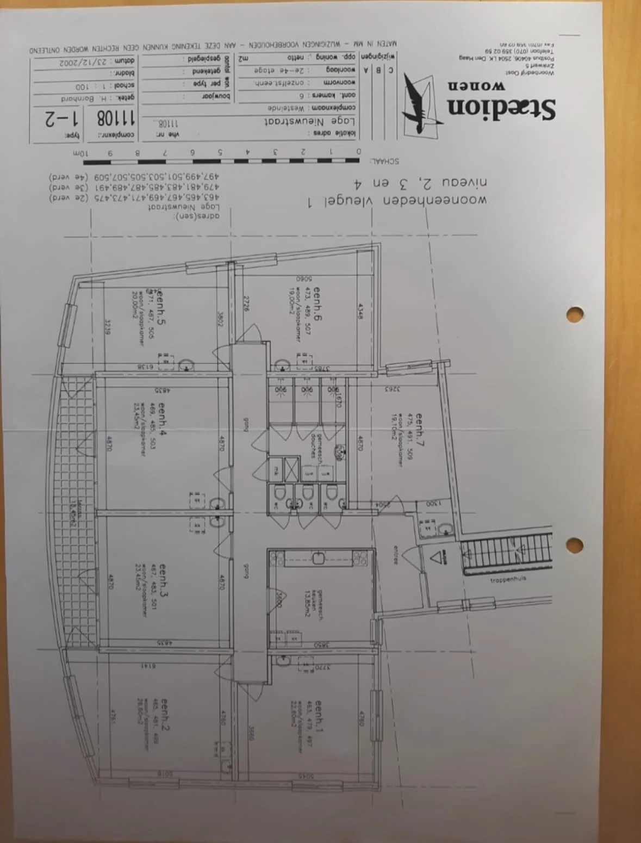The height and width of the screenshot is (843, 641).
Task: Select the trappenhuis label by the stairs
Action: coord(507,580)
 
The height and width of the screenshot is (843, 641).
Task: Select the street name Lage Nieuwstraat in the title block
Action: coord(309,121)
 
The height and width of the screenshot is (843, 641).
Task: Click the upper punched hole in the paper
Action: coord(574,314)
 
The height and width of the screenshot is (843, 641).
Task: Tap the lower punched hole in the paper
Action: coord(574,544)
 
